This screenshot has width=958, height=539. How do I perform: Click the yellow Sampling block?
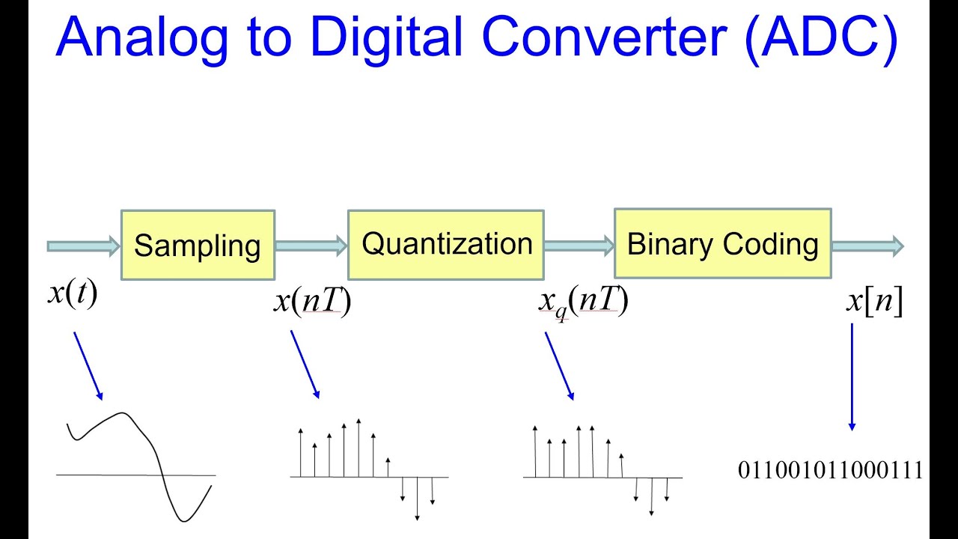198,245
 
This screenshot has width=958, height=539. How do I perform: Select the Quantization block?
445,245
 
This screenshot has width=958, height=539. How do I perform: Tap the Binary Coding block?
722,245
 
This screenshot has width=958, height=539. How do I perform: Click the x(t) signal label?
73,293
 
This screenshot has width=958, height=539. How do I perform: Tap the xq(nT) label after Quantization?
582,301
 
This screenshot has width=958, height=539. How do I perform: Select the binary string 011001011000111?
830,470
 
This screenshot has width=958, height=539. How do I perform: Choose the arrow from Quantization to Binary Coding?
579,246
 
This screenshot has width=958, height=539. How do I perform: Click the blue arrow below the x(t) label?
88,366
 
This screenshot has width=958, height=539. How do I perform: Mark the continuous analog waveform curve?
157,449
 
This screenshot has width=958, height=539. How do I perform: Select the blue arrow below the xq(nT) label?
559,366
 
